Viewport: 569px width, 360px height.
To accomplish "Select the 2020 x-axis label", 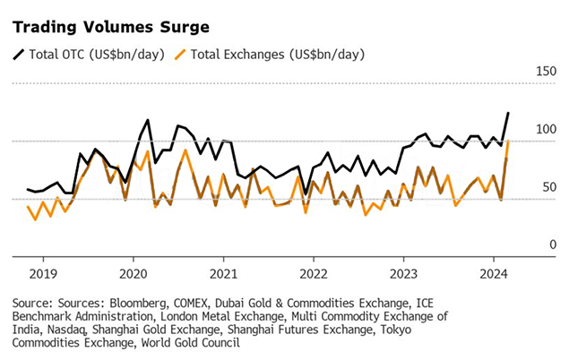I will pyautogui.click(x=134, y=273).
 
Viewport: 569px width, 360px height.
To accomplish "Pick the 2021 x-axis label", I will pyautogui.click(x=224, y=273).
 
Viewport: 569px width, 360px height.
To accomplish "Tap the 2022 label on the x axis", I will pyautogui.click(x=314, y=273).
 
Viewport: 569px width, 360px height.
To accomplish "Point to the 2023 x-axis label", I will pyautogui.click(x=404, y=273).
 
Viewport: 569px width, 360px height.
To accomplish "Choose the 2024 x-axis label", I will pyautogui.click(x=494, y=273).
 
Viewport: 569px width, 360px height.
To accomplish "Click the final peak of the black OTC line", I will pyautogui.click(x=508, y=113).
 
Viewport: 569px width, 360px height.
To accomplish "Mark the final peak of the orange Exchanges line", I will pyautogui.click(x=508, y=141).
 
